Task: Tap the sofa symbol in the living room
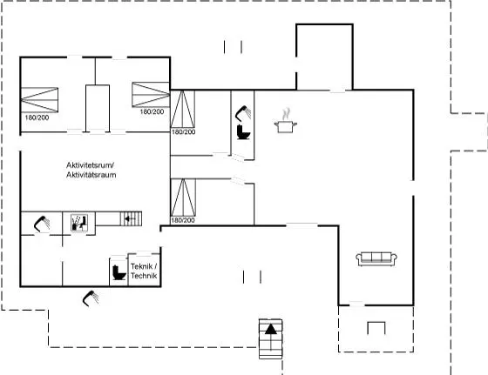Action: pyautogui.click(x=376, y=258)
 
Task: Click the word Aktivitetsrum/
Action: pyautogui.click(x=91, y=165)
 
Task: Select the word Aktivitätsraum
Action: pyautogui.click(x=91, y=175)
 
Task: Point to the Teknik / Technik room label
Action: pyautogui.click(x=144, y=271)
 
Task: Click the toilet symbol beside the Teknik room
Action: pyautogui.click(x=119, y=272)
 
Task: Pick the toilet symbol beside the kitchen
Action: pyautogui.click(x=243, y=131)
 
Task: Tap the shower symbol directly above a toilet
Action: pyautogui.click(x=243, y=113)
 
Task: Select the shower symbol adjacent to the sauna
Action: pyautogui.click(x=42, y=224)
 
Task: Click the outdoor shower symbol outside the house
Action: pyautogui.click(x=91, y=298)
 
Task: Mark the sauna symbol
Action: pyautogui.click(x=78, y=223)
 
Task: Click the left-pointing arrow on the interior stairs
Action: pyautogui.click(x=127, y=219)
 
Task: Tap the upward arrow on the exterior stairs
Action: pyautogui.click(x=271, y=330)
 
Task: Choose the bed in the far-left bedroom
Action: pyautogui.click(x=39, y=100)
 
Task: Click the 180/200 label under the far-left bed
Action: pyautogui.click(x=37, y=117)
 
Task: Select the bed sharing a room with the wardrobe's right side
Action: pyautogui.click(x=151, y=95)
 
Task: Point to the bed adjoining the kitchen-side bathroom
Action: pyautogui.click(x=183, y=109)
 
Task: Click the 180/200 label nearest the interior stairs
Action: pyautogui.click(x=183, y=220)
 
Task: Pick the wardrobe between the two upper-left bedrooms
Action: pyautogui.click(x=98, y=108)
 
